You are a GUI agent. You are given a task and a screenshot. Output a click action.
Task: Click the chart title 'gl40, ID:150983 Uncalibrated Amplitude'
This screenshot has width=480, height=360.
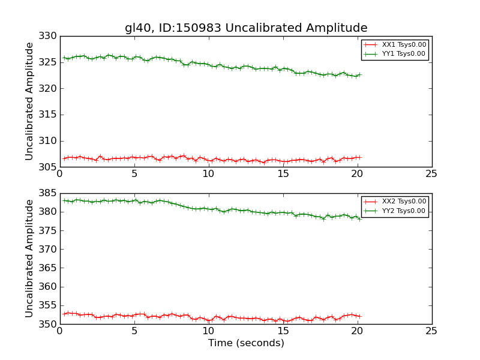tap(246, 28)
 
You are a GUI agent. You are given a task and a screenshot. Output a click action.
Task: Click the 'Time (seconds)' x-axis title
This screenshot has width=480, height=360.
tap(246, 343)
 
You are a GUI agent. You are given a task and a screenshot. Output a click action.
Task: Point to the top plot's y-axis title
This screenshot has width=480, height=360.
tap(29, 101)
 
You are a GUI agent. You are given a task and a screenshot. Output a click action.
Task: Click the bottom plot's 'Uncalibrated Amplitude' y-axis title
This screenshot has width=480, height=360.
tap(29, 258)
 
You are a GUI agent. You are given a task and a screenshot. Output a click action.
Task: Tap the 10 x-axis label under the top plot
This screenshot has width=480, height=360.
tap(208, 174)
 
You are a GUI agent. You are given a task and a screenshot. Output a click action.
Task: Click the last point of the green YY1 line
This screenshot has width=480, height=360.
tap(360, 74)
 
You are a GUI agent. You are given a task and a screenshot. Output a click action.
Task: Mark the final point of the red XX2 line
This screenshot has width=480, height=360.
tap(360, 316)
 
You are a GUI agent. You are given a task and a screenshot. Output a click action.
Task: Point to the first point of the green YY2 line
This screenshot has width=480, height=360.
tap(64, 200)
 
